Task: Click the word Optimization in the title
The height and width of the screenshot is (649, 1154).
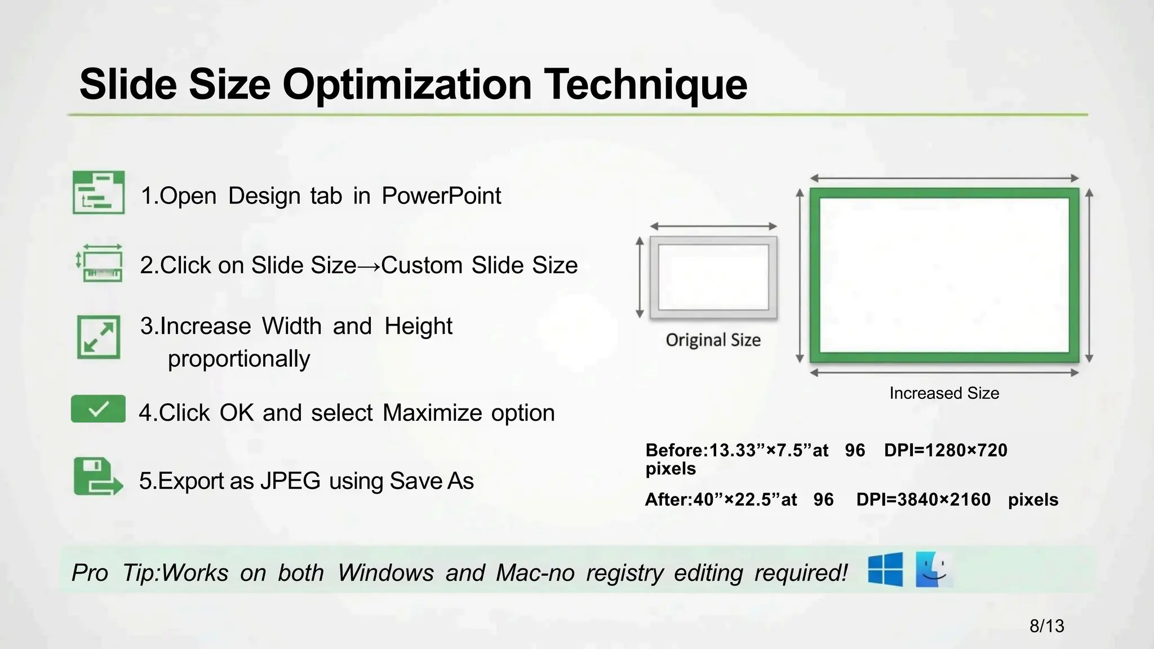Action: point(407,85)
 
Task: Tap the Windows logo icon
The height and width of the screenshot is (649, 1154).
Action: point(885,570)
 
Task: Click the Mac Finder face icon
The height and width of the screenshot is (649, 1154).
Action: point(934,570)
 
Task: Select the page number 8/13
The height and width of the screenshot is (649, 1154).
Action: point(1046,626)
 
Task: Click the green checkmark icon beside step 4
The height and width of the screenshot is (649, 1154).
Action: point(98,409)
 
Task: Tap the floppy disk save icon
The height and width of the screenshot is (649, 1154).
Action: point(97,477)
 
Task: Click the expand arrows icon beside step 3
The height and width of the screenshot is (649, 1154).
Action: point(99,337)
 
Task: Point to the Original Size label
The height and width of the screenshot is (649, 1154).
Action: point(713,340)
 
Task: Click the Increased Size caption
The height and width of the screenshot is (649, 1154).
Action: point(944,393)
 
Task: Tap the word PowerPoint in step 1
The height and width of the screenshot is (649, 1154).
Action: point(441,196)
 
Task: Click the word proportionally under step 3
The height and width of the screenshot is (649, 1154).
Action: point(239,359)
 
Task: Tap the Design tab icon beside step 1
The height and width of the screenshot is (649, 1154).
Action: point(99,193)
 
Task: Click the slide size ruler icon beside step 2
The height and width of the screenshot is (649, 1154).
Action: point(100,263)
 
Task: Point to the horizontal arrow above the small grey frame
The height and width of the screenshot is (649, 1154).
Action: point(713,226)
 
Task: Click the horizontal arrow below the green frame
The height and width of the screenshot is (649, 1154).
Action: point(944,372)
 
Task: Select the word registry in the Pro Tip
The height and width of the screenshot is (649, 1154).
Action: point(625,573)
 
